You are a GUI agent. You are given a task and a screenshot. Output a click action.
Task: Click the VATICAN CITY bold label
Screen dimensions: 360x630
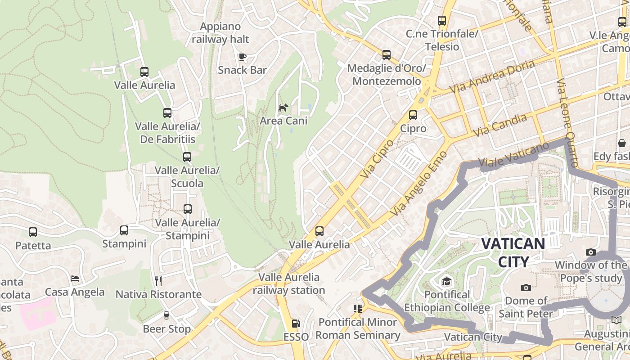[513, 252]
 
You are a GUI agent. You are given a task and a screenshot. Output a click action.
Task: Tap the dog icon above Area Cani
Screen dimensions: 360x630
[283, 108]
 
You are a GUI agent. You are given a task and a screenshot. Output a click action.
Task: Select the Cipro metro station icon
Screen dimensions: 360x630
[413, 115]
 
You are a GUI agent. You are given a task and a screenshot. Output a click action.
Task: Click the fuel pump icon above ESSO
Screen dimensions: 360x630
[296, 323]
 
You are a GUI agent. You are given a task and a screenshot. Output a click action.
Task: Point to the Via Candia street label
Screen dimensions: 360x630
[500, 126]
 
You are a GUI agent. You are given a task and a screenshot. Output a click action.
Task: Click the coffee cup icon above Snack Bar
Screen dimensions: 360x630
[243, 57]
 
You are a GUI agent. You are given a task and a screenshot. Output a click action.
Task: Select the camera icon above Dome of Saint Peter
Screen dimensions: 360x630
[526, 288]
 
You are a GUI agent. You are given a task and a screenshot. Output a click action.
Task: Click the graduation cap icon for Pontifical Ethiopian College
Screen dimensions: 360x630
[446, 282]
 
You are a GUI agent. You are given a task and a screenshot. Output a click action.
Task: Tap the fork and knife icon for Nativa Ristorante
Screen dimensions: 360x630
[158, 281]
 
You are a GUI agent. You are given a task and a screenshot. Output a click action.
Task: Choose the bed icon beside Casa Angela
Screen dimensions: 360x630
[75, 279]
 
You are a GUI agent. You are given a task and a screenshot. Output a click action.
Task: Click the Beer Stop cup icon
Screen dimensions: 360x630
[166, 315]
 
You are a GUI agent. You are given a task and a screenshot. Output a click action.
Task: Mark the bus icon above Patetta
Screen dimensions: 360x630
[33, 232]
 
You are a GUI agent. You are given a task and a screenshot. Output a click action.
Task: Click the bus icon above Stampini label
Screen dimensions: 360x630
[124, 230]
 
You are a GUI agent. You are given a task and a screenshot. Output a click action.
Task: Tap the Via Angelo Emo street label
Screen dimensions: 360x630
[419, 183]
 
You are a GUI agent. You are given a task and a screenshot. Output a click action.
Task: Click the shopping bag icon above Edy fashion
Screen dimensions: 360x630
[622, 143]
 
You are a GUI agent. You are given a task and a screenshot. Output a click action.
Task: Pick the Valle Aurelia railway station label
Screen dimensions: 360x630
[288, 283]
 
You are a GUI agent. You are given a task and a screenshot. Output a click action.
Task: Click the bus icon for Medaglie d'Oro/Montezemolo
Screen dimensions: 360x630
[387, 55]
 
